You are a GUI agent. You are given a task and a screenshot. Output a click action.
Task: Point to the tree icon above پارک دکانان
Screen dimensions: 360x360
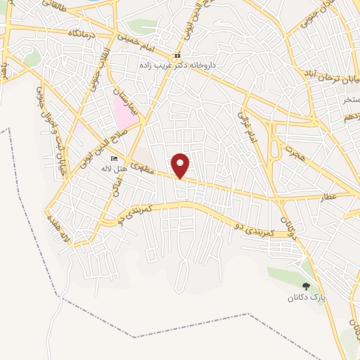coord(306,285)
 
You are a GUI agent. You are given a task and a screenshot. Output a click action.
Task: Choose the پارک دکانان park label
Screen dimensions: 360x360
coord(306,297)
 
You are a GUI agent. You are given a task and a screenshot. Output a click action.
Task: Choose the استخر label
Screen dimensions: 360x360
coord(351,100)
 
